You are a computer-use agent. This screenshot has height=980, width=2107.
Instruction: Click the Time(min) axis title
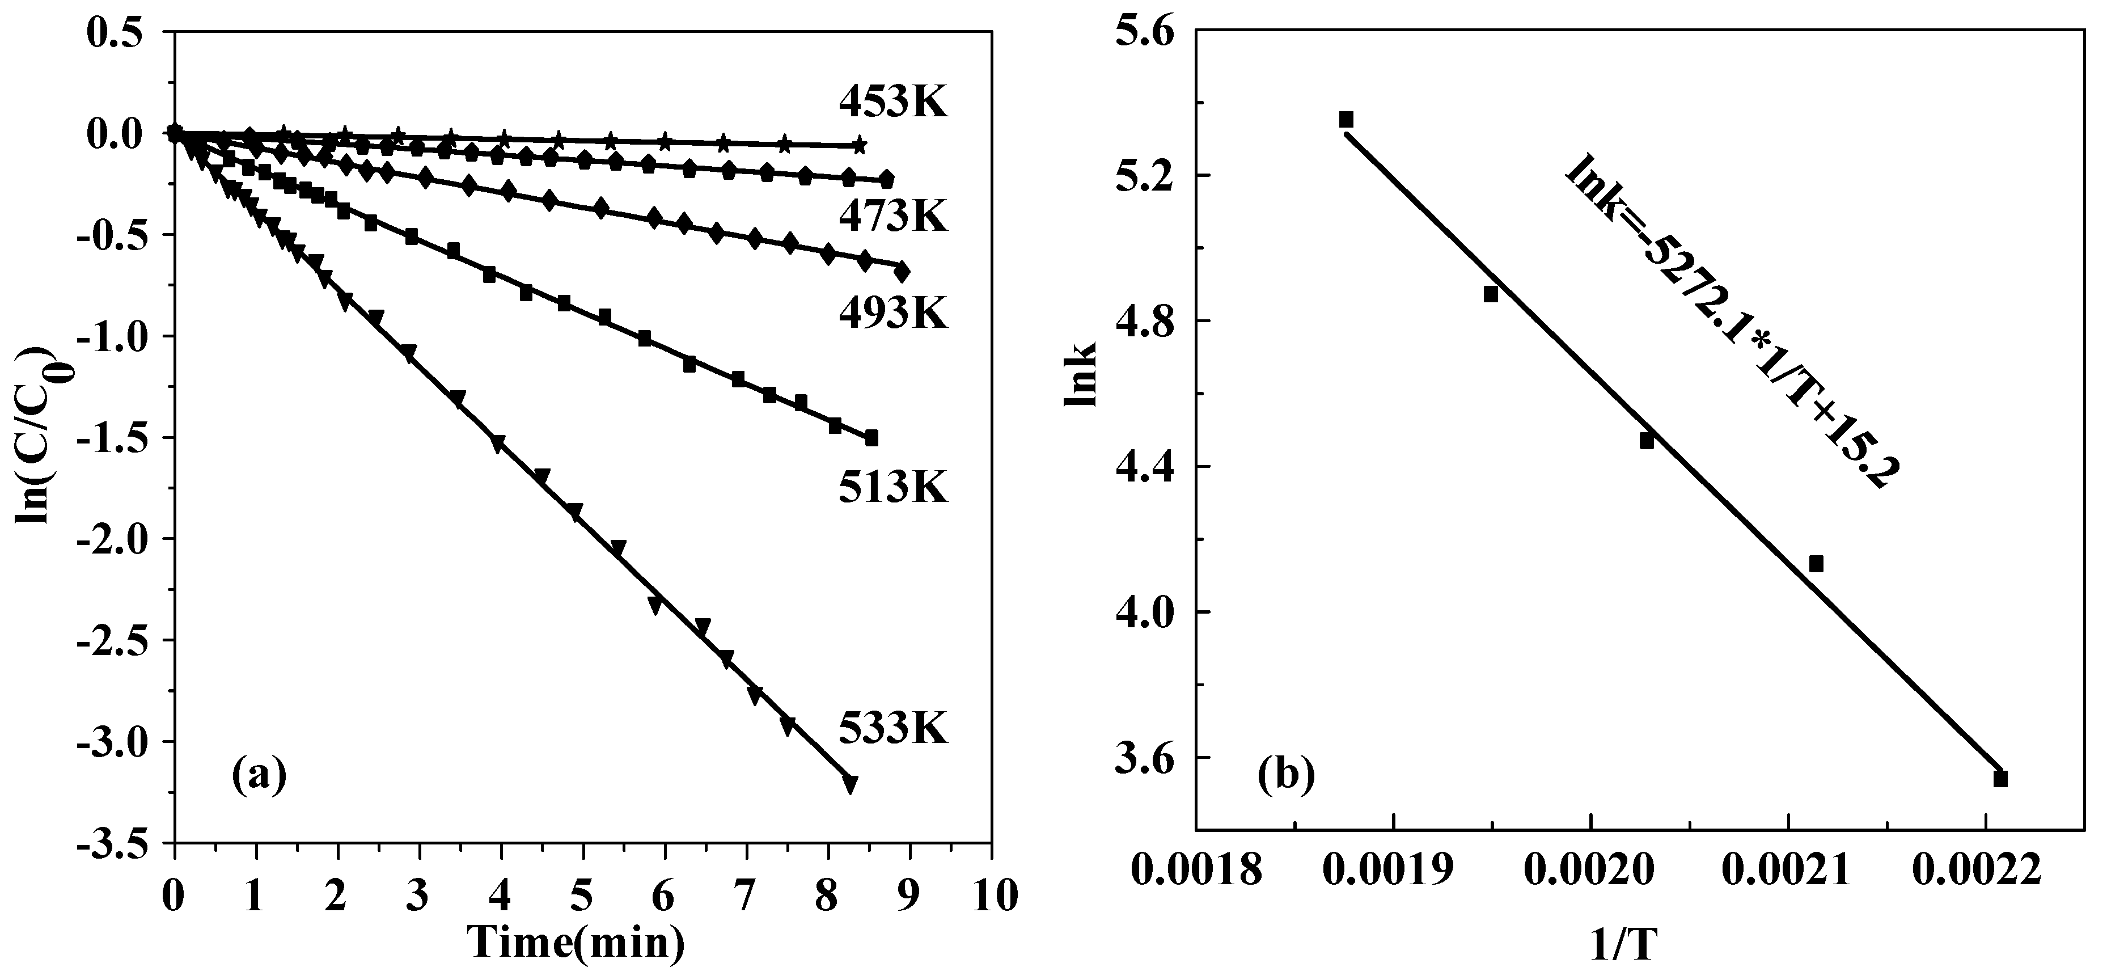(577, 943)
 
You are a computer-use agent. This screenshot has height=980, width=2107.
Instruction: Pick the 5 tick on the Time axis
(582, 895)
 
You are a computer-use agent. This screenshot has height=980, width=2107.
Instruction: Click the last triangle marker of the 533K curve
(850, 784)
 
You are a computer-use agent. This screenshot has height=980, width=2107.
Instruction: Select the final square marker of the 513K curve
(871, 438)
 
